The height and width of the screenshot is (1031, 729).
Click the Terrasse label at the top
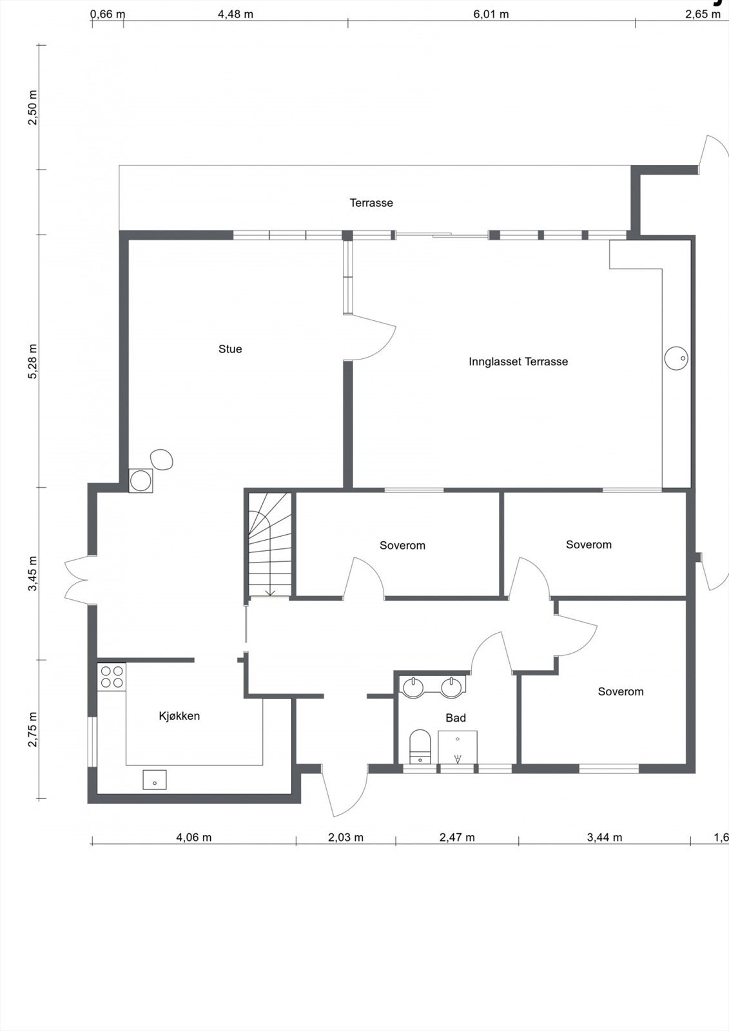click(x=371, y=203)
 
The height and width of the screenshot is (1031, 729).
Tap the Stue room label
click(x=230, y=349)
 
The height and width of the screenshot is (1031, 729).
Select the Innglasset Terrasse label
click(x=518, y=362)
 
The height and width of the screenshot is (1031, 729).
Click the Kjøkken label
click(x=179, y=716)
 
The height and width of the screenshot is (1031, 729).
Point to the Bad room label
click(x=455, y=718)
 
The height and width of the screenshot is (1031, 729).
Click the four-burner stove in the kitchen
click(x=112, y=677)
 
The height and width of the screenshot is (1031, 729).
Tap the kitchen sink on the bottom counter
click(x=155, y=780)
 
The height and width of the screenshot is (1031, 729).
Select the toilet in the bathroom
click(x=420, y=746)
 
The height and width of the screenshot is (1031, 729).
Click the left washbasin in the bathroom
click(x=412, y=687)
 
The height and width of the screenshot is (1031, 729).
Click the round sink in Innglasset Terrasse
click(x=677, y=358)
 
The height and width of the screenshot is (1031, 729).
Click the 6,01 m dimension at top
click(x=491, y=14)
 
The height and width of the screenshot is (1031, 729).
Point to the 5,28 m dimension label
click(x=33, y=361)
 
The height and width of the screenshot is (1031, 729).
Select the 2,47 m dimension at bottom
click(x=457, y=838)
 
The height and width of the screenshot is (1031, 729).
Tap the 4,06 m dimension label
click(x=193, y=838)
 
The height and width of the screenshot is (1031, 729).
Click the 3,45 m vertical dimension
click(x=33, y=573)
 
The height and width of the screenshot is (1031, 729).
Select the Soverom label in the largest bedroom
click(x=620, y=692)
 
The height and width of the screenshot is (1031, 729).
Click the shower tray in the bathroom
click(x=458, y=747)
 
